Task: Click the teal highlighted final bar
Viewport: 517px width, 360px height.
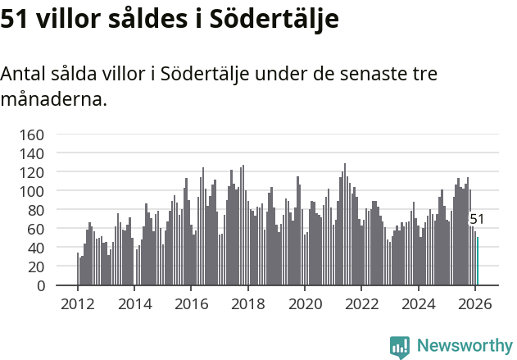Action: coord(478,262)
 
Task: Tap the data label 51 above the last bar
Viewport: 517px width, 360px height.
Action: coord(477,220)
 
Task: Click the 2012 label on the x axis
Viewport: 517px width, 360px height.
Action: coord(78,303)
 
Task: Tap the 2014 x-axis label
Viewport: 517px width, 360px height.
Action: coord(134,303)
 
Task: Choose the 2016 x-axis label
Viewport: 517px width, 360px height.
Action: coord(191,303)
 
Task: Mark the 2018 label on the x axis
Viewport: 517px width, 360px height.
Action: coord(247,303)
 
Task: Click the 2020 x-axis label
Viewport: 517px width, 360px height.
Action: coord(305,303)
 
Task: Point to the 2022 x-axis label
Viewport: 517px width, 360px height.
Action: coord(361,303)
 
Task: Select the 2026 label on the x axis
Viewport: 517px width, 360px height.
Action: coord(475,303)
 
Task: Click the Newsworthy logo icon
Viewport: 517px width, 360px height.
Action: coord(400,347)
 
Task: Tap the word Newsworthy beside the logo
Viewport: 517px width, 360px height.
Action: coord(464,346)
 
